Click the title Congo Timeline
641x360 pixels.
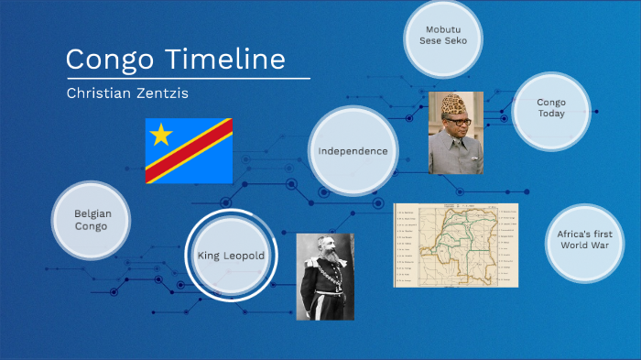tap(175, 60)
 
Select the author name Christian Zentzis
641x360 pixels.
tap(127, 93)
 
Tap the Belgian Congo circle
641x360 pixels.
tap(92, 220)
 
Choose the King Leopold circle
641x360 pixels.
tap(232, 256)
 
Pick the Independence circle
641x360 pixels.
tap(353, 151)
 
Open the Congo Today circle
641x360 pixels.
tap(551, 109)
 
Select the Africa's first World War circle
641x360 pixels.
tap(584, 240)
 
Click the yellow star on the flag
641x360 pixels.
tap(161, 136)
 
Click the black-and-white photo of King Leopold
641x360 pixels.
tap(327, 276)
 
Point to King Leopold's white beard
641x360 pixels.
tap(328, 266)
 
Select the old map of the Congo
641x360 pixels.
tap(455, 245)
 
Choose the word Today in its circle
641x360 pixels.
tap(551, 115)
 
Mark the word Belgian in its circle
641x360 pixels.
tap(92, 213)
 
